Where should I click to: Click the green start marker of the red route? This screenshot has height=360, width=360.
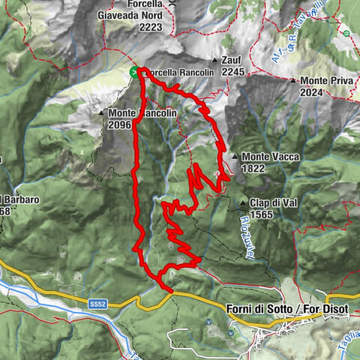click(134, 72)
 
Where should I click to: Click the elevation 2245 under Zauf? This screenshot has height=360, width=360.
click(233, 72)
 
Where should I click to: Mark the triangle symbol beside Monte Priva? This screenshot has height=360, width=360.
click(293, 80)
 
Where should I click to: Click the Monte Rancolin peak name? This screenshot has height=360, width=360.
click(142, 113)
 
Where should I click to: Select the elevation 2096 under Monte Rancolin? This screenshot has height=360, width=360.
click(119, 124)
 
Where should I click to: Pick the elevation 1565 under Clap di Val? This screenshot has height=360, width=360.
click(262, 214)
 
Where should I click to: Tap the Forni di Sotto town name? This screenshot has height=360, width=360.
click(255, 309)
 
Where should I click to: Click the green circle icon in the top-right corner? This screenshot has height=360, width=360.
click(346, 34)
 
